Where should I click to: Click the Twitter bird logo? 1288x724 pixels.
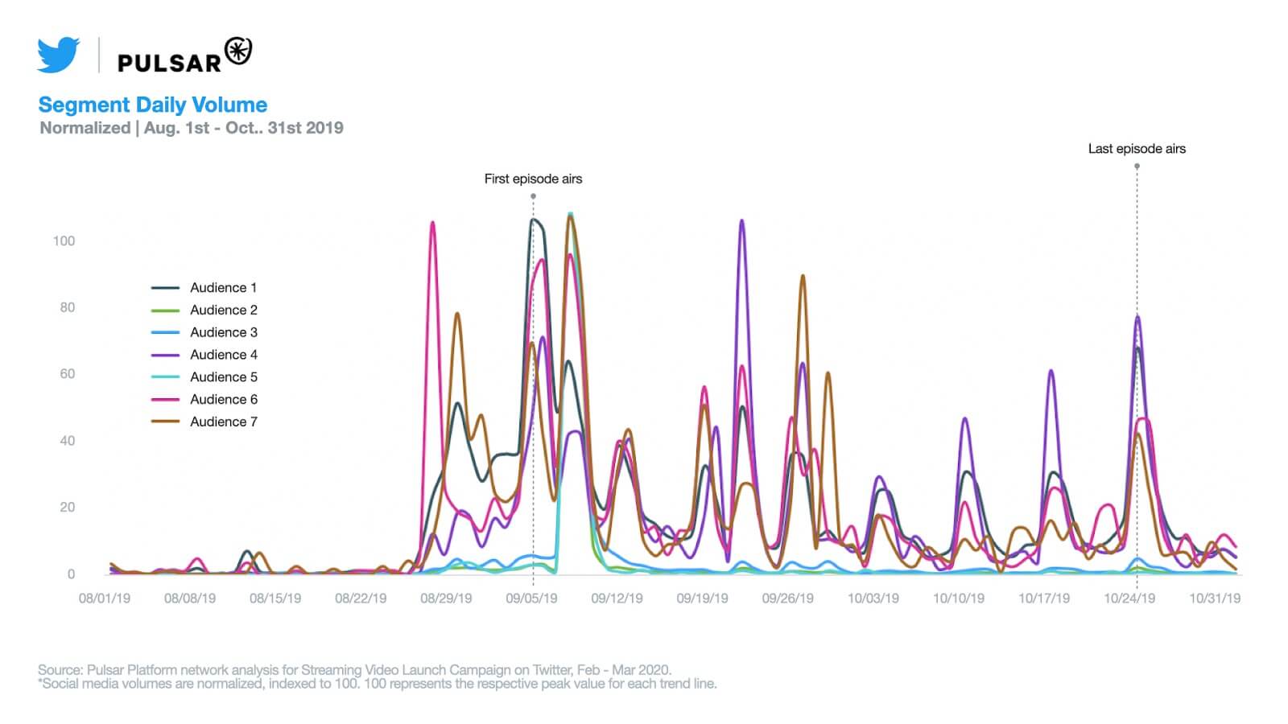[x=58, y=55]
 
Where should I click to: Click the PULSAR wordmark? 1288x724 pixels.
[x=169, y=63]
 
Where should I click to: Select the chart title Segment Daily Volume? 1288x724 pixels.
[x=153, y=105]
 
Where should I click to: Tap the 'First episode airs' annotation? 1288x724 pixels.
[x=533, y=179]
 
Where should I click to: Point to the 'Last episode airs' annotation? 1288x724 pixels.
[x=1137, y=149]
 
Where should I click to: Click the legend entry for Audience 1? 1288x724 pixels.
[x=223, y=287]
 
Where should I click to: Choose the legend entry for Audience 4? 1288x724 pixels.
[x=223, y=355]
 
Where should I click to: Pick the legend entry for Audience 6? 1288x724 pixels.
[x=223, y=399]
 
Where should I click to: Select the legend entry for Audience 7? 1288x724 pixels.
[x=223, y=422]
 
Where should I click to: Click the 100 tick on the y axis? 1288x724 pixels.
[x=64, y=241]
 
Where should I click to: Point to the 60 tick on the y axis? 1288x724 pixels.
[x=67, y=374]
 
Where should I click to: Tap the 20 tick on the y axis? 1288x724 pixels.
[x=67, y=507]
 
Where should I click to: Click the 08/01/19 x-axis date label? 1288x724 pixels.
[x=105, y=599]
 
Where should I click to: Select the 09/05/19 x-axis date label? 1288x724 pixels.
[x=531, y=599]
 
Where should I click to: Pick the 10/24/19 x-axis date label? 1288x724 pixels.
[x=1129, y=599]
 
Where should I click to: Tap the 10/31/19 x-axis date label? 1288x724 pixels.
[x=1215, y=599]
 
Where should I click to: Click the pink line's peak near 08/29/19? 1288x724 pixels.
[x=432, y=223]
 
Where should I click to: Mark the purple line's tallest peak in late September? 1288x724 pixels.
[x=741, y=220]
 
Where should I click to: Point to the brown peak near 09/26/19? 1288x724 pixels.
[x=803, y=276]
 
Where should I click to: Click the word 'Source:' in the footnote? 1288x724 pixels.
[x=60, y=669]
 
